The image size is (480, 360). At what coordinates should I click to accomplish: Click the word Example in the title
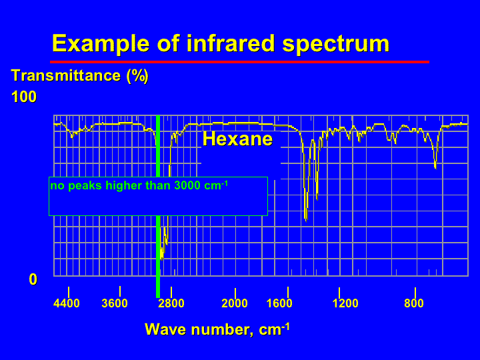[101, 43]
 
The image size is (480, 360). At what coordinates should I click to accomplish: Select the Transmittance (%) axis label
[79, 75]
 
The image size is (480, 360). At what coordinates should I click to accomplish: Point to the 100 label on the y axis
[24, 97]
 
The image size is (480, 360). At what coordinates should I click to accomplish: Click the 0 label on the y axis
[33, 279]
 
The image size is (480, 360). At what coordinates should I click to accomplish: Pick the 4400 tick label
[67, 303]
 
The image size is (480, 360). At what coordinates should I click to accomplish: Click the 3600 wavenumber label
[115, 303]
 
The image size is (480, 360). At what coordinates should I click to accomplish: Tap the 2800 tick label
[171, 303]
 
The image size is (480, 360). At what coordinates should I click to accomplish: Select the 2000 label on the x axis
[235, 303]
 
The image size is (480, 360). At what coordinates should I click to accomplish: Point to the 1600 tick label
[279, 303]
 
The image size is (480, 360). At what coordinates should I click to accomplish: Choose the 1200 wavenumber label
[345, 303]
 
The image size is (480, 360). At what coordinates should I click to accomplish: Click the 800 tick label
[414, 303]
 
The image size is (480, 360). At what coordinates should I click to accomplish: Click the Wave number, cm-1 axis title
[217, 329]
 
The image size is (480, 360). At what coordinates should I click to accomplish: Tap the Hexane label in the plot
[237, 139]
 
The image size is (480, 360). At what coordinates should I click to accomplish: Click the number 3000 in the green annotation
[187, 185]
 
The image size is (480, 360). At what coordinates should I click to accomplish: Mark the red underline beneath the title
[239, 62]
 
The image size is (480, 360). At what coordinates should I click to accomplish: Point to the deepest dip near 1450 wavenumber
[306, 219]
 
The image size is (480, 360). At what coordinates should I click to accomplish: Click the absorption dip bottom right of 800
[435, 167]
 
